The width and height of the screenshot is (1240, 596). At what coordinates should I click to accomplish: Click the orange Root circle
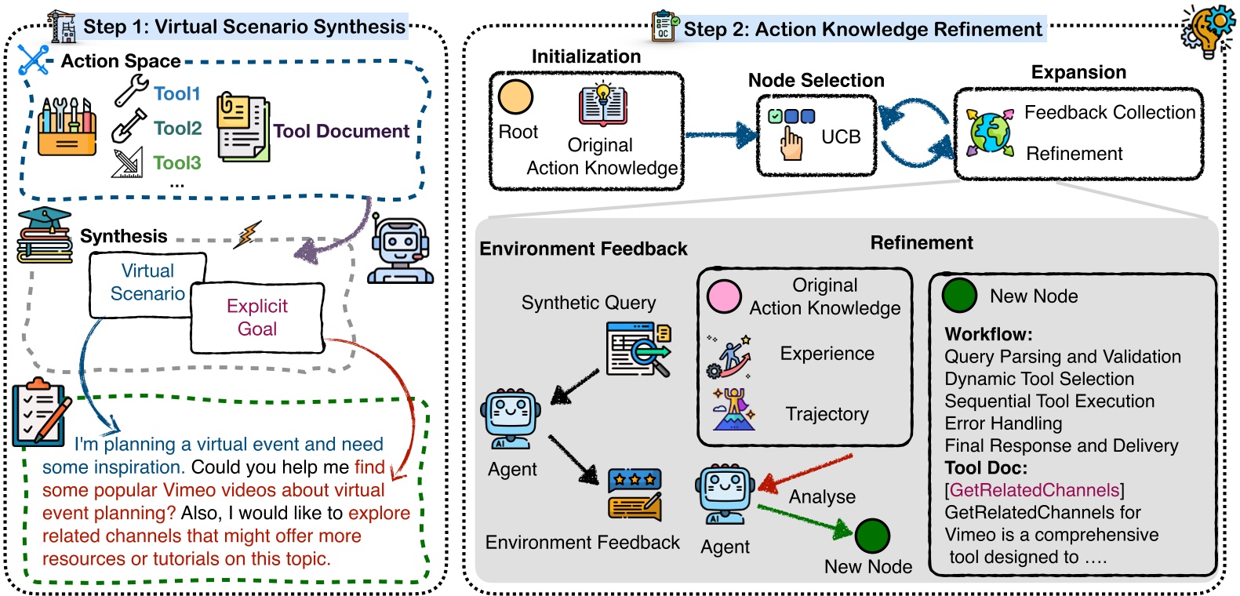pos(515,97)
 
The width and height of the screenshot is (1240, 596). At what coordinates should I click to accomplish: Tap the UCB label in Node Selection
pos(841,137)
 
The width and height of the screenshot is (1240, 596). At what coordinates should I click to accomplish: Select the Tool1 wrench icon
pos(131,92)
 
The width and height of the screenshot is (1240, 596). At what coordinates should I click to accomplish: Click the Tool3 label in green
pos(176,163)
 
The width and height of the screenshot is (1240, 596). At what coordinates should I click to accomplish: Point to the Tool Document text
pos(341,131)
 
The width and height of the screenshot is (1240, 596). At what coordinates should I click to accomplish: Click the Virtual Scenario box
pos(147,282)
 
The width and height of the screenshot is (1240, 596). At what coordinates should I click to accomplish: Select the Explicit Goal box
pos(257,318)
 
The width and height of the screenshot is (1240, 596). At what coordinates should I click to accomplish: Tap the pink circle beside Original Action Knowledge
pos(723,297)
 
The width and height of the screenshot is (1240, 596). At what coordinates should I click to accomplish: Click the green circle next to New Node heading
pos(958,296)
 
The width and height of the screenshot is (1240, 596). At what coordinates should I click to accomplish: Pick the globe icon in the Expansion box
pos(989,132)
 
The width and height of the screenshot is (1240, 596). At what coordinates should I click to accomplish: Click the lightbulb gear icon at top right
pos(1209,31)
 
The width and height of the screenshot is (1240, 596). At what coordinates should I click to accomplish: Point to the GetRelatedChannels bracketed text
pos(1035,490)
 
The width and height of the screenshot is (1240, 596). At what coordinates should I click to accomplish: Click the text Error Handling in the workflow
pos(1003,423)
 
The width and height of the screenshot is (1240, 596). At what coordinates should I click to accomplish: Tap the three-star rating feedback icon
pos(635,494)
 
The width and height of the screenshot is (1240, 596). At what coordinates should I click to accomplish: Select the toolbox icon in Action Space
pos(67,127)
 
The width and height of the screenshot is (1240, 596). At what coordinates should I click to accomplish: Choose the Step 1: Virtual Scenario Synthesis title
pos(244,27)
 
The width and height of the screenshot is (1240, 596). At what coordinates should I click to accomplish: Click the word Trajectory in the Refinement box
pos(827,414)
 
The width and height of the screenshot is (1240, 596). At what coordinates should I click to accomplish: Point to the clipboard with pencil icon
pos(40,412)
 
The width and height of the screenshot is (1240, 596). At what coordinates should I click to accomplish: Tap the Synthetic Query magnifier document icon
pos(639,349)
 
